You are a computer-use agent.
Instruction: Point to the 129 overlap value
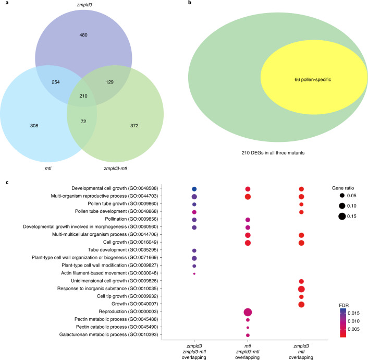(x=109, y=83)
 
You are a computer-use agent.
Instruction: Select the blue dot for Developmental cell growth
(x=194, y=188)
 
